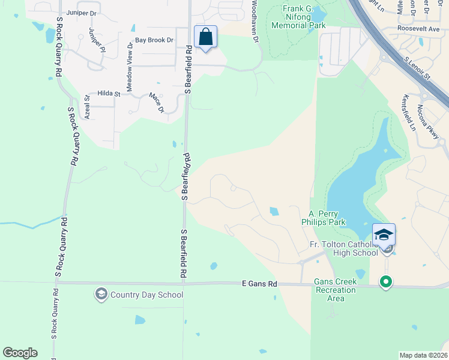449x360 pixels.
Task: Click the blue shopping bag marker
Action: pos(205,37)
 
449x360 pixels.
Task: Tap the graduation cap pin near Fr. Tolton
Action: pos(384,235)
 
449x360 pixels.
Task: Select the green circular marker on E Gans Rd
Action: pos(386,281)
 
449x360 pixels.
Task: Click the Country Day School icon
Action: pos(101,294)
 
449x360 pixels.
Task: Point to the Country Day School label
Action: pos(146,295)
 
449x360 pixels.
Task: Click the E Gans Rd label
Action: pos(259,283)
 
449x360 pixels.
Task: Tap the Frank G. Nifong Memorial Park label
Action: pos(298,17)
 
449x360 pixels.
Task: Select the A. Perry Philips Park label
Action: pos(327,218)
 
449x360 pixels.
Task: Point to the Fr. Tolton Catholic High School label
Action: pos(343,248)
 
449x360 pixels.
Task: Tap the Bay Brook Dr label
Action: pos(154,40)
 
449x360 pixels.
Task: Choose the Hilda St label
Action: pos(109,94)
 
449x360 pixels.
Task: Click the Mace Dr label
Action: pos(156,102)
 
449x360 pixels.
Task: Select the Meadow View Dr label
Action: pos(129,67)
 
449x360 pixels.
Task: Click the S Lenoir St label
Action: pos(418,68)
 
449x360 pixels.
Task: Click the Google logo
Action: pos(20,353)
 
